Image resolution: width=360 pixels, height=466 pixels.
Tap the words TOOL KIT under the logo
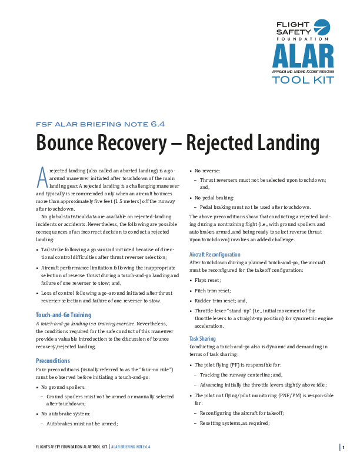coord(302,80)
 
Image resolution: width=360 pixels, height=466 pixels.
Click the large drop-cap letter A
coord(42,175)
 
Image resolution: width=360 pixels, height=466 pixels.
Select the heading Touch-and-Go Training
coord(64,315)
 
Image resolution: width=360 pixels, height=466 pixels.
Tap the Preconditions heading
coord(53,360)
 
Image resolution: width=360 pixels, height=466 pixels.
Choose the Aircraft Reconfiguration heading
coord(215,254)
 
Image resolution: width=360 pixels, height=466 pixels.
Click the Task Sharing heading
coord(203,339)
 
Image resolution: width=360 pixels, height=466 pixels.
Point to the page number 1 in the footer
coord(343,447)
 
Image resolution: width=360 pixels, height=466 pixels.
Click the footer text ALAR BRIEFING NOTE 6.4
coord(131,447)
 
